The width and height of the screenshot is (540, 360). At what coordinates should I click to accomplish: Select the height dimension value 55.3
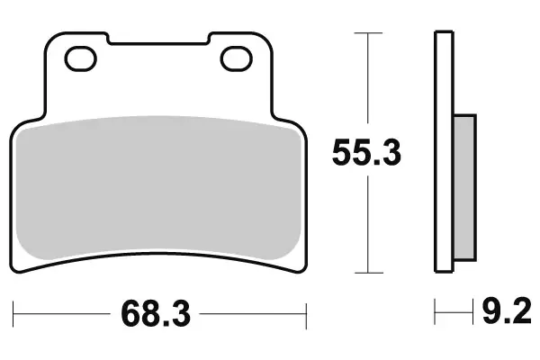pyautogui.click(x=366, y=152)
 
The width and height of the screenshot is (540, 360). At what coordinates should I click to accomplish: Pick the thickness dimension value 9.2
pyautogui.click(x=504, y=314)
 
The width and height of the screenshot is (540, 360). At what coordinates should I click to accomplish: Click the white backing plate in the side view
pyautogui.click(x=442, y=152)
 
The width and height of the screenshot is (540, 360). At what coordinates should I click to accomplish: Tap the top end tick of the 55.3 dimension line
pyautogui.click(x=365, y=32)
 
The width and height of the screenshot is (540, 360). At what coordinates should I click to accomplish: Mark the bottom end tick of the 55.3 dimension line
pyautogui.click(x=365, y=272)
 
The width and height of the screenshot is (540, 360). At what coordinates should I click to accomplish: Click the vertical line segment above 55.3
pyautogui.click(x=365, y=81)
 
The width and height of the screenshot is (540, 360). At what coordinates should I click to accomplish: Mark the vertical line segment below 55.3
pyautogui.click(x=365, y=225)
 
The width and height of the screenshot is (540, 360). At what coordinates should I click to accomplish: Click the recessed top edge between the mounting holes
pyautogui.click(x=158, y=42)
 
